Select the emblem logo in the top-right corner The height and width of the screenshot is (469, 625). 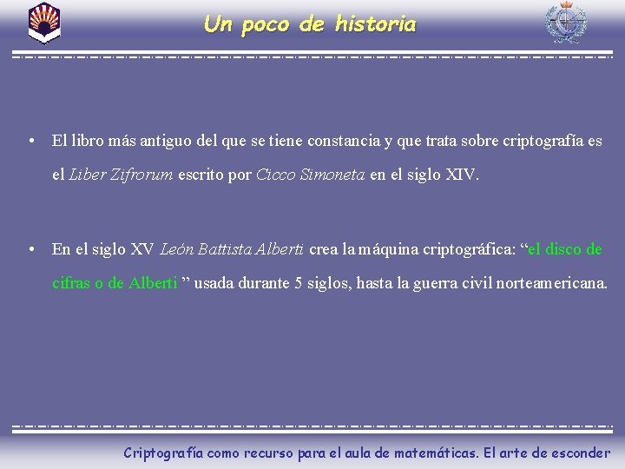point(565,23)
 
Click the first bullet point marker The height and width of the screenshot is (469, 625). point(30,140)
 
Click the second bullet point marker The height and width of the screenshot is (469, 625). point(30,249)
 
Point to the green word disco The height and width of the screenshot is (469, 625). point(562,249)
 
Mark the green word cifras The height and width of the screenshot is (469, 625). point(71,283)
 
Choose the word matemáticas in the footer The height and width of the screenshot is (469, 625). point(434,452)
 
